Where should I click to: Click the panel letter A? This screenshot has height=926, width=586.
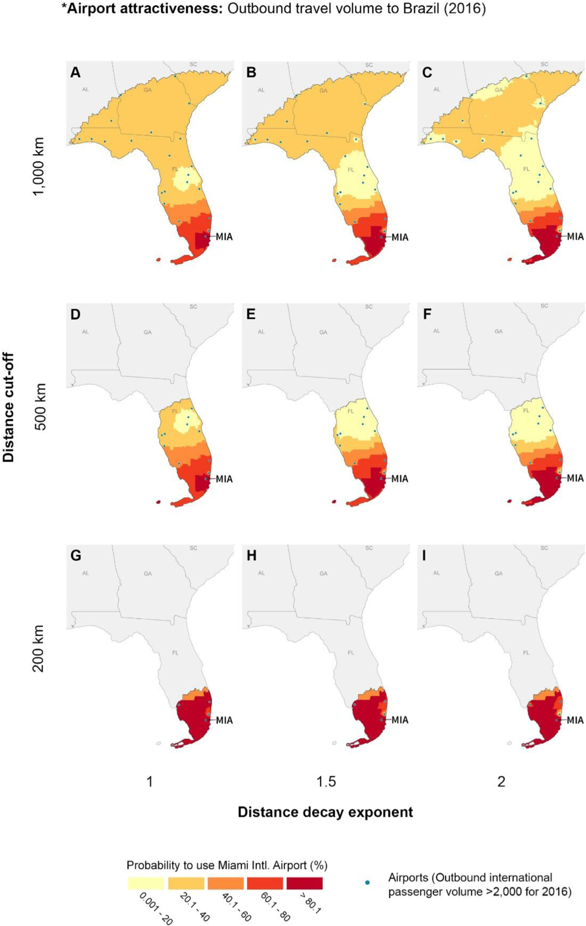(x=76, y=73)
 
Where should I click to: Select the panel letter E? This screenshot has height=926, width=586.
(x=251, y=314)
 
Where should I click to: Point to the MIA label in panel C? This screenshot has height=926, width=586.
(x=575, y=237)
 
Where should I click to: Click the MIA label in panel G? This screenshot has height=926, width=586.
(x=224, y=720)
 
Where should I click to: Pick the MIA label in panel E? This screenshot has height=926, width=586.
(x=399, y=478)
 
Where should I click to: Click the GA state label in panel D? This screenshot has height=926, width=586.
(x=148, y=332)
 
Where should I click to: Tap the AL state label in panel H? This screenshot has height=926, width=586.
(x=261, y=573)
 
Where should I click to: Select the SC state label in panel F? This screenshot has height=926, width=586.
(x=544, y=306)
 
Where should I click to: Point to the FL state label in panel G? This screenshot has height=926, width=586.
(x=175, y=653)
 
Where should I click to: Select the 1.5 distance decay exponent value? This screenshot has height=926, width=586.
(x=326, y=782)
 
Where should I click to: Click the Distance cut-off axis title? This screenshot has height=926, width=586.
(x=9, y=407)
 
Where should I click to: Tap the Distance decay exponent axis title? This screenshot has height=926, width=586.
(x=325, y=812)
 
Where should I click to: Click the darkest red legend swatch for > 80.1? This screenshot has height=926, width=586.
(x=304, y=883)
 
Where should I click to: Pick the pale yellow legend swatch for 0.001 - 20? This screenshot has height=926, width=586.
(x=146, y=883)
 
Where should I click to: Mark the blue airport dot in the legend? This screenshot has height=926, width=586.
(x=367, y=883)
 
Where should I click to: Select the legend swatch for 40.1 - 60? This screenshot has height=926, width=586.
(x=225, y=883)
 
